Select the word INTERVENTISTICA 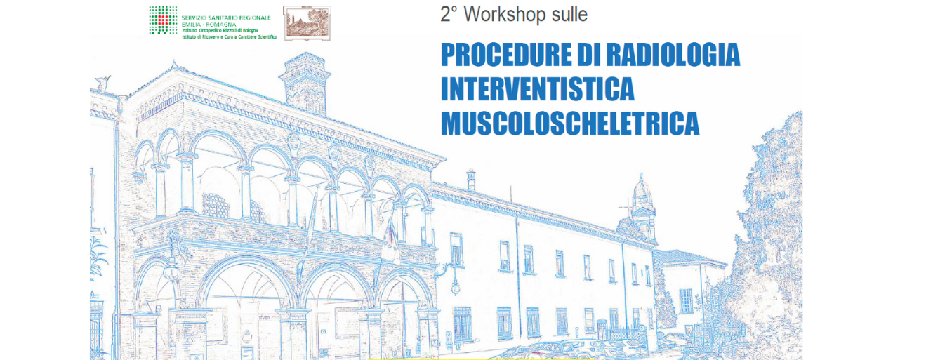click(538, 89)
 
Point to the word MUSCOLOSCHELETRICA click(570, 123)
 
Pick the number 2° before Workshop click(449, 13)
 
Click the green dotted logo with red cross click(163, 20)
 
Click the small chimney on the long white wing click(471, 179)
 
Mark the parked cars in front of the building click(562, 349)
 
